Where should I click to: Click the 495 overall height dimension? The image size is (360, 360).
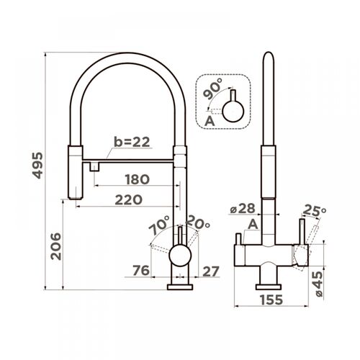[37, 166]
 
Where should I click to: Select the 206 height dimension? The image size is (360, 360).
[56, 246]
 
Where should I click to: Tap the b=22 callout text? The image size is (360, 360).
[132, 142]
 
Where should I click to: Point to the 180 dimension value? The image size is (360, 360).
[138, 179]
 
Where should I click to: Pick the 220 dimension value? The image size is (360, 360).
[129, 199]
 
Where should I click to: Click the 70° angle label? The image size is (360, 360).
[159, 225]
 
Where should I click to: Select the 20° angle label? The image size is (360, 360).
[198, 222]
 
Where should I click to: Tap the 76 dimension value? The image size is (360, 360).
[141, 271]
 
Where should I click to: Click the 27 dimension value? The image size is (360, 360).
[211, 271]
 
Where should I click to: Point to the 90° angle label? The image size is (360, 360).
[212, 89]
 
